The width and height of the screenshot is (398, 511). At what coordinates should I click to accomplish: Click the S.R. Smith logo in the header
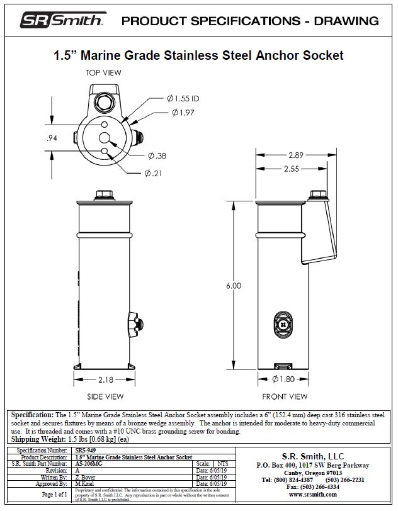62,21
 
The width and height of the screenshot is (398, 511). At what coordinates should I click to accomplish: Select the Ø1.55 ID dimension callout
183,99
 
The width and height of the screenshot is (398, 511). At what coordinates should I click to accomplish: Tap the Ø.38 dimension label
157,155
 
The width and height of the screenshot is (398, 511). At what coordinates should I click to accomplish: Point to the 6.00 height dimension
234,286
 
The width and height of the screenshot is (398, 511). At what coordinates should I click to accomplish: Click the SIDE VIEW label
105,396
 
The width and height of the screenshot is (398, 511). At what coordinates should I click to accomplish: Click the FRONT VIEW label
285,396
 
